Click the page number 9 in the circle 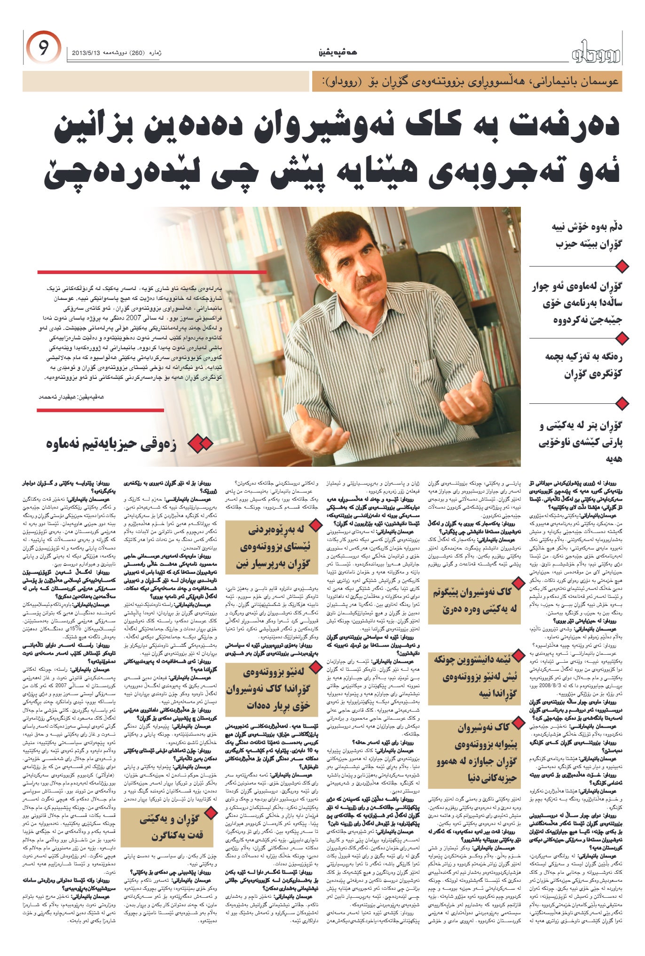[43, 49]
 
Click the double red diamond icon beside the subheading [199, 443]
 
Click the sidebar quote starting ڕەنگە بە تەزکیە [583, 365]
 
